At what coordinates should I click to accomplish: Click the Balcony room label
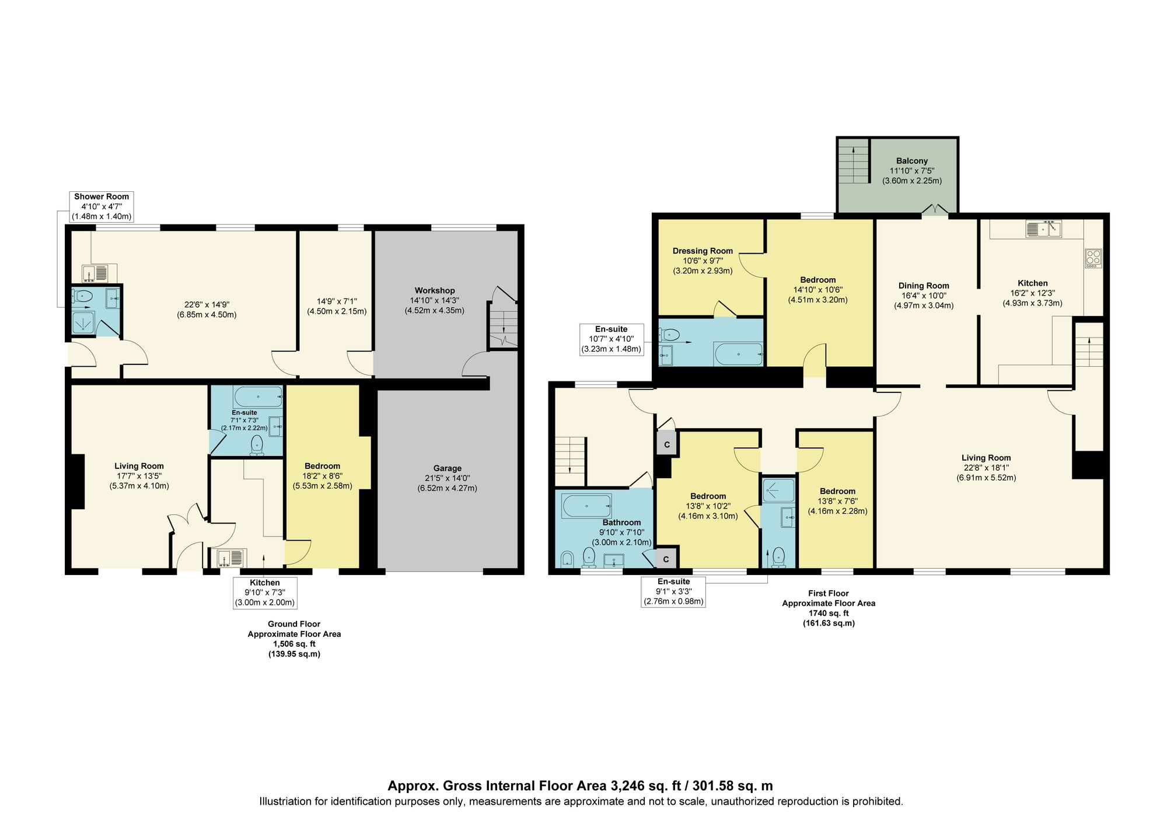coord(911,161)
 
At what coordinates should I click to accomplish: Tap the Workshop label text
coord(435,290)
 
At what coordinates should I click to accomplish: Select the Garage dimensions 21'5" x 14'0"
coord(447,478)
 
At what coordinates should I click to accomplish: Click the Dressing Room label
coord(703,251)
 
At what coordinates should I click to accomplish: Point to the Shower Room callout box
coord(102,206)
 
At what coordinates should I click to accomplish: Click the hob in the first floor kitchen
coord(1093,258)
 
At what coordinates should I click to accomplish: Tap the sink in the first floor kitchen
coord(1044,229)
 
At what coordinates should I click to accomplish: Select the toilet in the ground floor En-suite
coord(257,446)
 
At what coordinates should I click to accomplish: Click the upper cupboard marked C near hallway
coord(667,445)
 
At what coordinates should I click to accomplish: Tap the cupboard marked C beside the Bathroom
coord(666,559)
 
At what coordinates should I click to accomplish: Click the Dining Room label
coord(923,286)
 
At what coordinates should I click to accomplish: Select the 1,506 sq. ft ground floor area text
coord(294,644)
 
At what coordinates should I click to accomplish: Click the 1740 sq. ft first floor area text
coord(828,613)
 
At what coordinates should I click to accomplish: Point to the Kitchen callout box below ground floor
coord(265,592)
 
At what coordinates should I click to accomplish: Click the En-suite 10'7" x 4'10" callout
coord(611,339)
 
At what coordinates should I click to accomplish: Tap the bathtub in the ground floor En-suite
coord(258,397)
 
